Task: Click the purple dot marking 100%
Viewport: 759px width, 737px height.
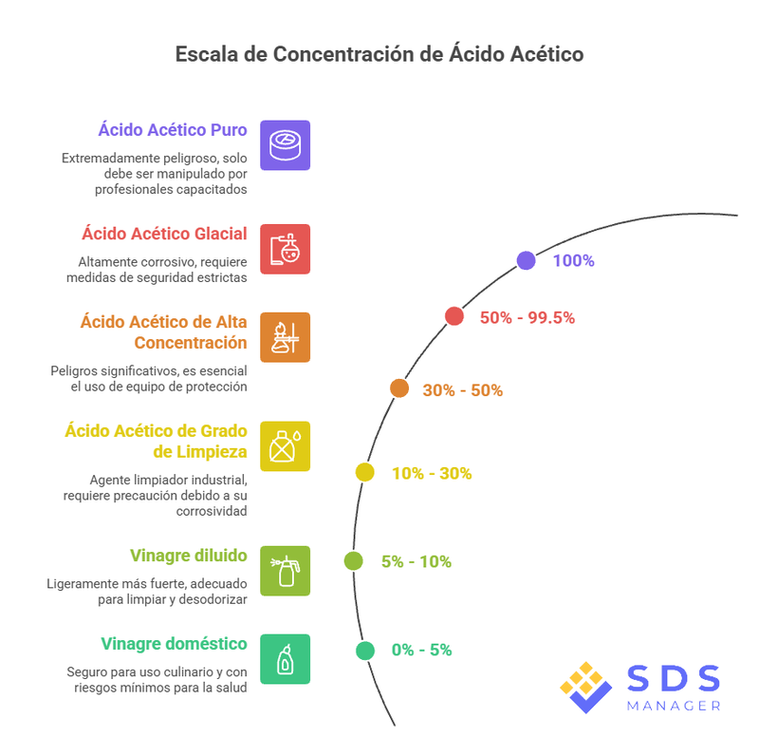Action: (x=526, y=261)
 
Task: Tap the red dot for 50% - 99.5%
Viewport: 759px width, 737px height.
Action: (x=454, y=317)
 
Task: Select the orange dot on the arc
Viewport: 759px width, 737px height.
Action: (x=399, y=388)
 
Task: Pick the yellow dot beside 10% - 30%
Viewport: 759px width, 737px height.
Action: (x=364, y=472)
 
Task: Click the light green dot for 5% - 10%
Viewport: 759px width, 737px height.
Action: (x=353, y=561)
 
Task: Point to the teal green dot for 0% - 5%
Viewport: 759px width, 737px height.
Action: (x=364, y=651)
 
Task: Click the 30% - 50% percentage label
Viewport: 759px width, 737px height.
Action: (x=462, y=390)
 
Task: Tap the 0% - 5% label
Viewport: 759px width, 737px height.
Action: (x=421, y=651)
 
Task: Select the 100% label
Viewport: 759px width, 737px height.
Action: (x=573, y=261)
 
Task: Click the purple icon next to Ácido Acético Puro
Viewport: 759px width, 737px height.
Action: (x=285, y=144)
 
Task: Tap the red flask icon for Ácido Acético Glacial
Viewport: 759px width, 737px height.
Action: (x=285, y=249)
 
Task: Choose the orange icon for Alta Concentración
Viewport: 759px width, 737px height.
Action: (x=285, y=337)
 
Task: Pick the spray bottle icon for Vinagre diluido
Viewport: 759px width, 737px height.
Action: (x=285, y=570)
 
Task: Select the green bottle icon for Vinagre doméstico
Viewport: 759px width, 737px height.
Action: (x=285, y=658)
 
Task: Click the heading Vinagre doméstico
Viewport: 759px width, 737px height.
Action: (x=176, y=644)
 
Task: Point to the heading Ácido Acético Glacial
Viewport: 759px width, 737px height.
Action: (x=164, y=234)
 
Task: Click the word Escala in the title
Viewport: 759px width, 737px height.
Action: (x=206, y=54)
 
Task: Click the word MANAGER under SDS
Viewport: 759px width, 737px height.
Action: (x=674, y=706)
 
